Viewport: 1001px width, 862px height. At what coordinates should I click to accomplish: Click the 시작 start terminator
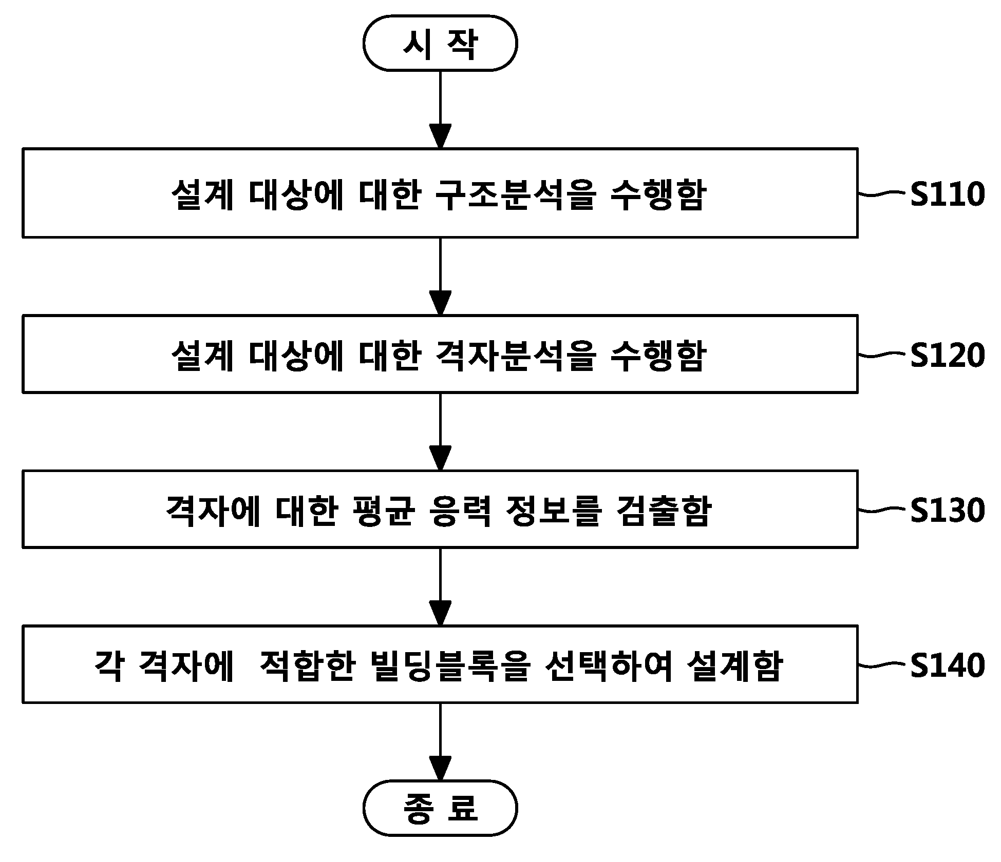[440, 43]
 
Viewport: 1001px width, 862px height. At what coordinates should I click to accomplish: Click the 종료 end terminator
[440, 808]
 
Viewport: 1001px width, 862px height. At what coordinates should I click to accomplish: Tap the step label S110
[948, 194]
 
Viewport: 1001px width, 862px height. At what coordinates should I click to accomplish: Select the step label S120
[948, 355]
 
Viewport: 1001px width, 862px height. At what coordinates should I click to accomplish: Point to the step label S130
[948, 511]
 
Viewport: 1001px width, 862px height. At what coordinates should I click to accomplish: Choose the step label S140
[948, 665]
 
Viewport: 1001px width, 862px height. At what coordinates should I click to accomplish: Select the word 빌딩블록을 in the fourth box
[449, 665]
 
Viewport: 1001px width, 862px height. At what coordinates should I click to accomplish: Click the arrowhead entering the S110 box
[440, 136]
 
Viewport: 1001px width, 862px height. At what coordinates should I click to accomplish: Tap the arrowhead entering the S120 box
[440, 303]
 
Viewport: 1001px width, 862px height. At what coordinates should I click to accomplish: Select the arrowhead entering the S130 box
[440, 459]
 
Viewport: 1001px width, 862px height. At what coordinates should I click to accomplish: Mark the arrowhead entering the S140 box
[440, 614]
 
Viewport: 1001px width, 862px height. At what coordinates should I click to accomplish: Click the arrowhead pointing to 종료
[440, 769]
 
